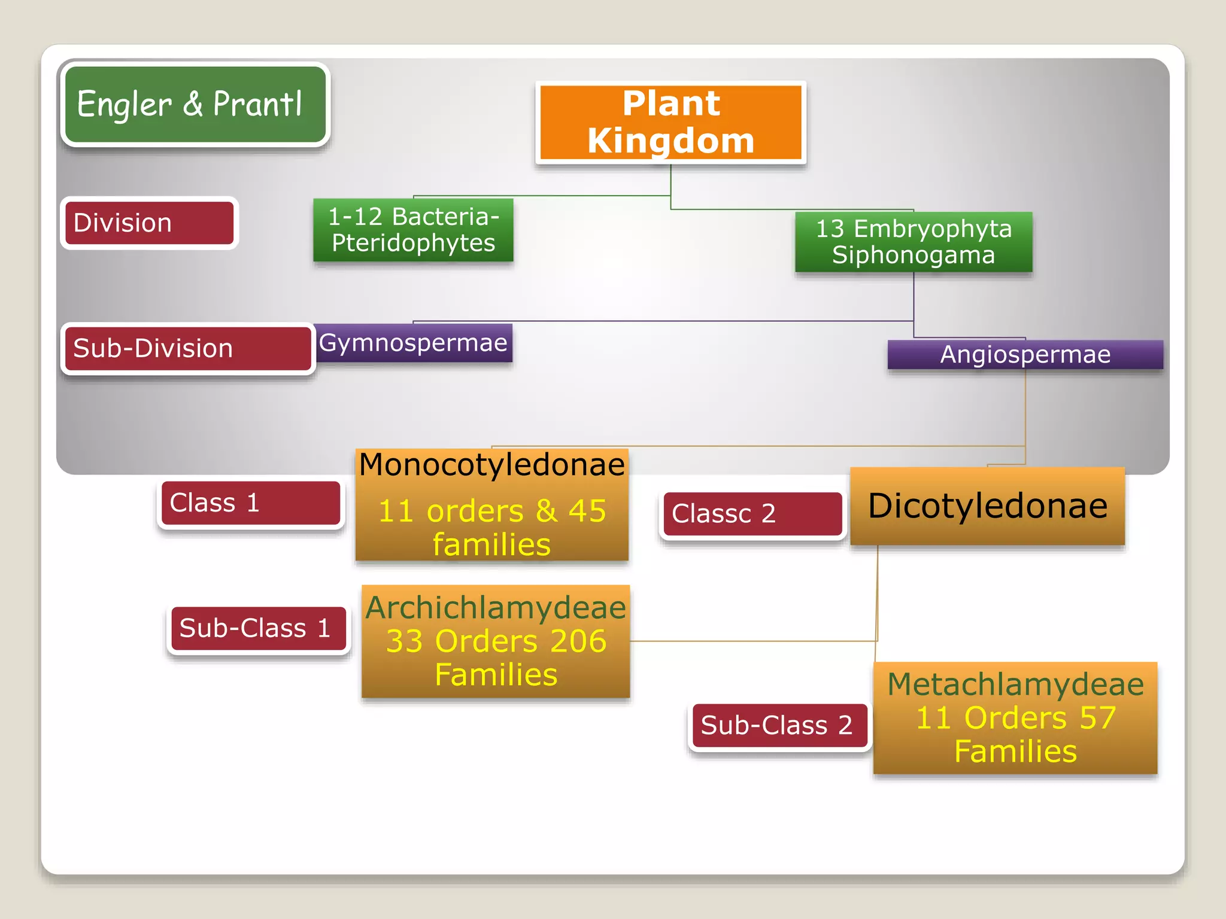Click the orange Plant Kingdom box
tap(670, 122)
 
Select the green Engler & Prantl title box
tap(195, 104)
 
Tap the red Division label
tap(149, 223)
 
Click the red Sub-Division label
tap(187, 348)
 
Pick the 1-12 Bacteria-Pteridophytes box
tap(413, 230)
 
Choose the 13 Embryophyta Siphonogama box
tap(914, 242)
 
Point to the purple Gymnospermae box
tap(413, 343)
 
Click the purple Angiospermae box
tap(1025, 354)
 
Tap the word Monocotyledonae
tap(491, 465)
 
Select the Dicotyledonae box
tap(987, 506)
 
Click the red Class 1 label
tap(251, 503)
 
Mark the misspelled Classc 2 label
tap(752, 514)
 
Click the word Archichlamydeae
tap(496, 607)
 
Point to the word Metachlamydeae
tap(1015, 684)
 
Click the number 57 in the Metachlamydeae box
tap(1097, 717)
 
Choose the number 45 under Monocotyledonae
tap(587, 511)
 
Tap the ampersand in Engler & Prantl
tap(193, 104)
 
